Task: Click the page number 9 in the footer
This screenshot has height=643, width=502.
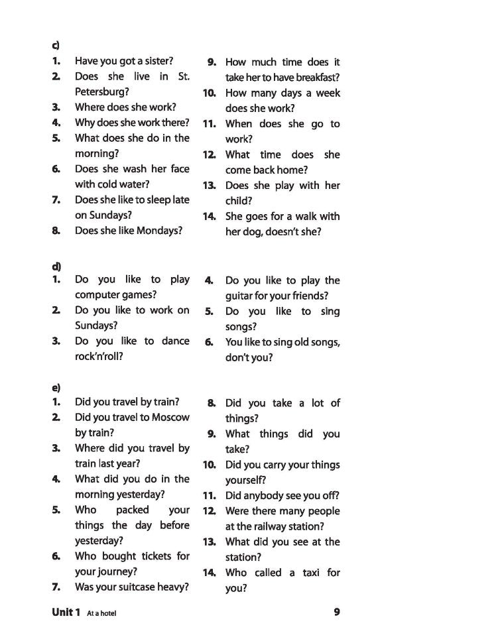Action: click(x=337, y=612)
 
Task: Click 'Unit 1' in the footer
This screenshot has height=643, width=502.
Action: click(x=66, y=612)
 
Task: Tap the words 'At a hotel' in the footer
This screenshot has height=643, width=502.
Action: click(x=101, y=613)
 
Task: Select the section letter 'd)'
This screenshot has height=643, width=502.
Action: click(x=56, y=266)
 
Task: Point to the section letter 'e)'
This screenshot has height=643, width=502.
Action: click(x=56, y=388)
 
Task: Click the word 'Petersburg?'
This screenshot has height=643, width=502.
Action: click(x=102, y=92)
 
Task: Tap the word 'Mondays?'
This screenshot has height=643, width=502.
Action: click(x=159, y=231)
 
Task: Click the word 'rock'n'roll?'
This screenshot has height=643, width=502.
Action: click(x=99, y=356)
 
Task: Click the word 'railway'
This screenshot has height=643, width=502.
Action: click(x=273, y=526)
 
